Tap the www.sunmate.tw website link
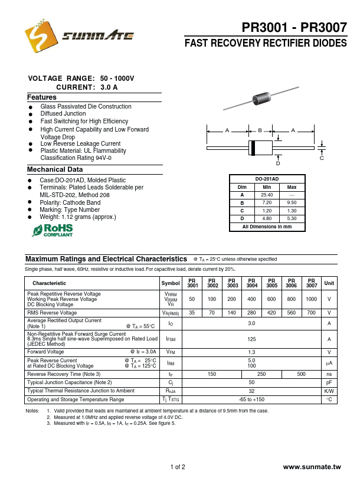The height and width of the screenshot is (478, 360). tap(312, 467)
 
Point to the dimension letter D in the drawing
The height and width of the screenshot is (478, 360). tap(278, 163)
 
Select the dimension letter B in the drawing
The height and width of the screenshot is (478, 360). tap(260, 130)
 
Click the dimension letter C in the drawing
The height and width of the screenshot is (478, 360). tap(322, 158)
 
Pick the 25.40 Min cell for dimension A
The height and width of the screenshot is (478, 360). tap(267, 195)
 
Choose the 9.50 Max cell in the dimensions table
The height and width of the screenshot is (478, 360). tap(292, 202)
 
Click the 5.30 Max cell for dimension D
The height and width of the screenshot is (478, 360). tap(292, 218)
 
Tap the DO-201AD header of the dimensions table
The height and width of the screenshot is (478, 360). tap(267, 179)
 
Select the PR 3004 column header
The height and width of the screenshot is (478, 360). tap(252, 283)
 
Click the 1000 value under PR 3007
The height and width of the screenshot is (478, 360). tap(312, 299)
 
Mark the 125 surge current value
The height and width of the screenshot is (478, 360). tap(251, 339)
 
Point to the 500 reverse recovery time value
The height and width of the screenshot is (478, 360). tap(301, 374)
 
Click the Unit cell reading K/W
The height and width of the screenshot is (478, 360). tap(329, 391)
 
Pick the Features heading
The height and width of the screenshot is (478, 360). tap(42, 97)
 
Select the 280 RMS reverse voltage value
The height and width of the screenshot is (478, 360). tap(252, 313)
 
